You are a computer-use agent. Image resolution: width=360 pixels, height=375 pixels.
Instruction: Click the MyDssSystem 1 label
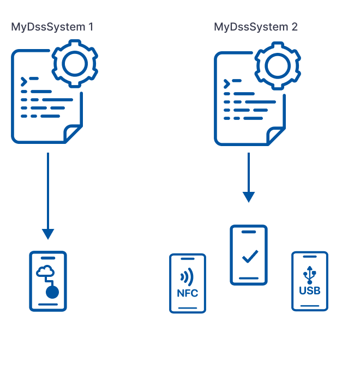[x=52, y=27]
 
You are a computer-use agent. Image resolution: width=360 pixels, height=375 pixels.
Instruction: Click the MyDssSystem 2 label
[x=256, y=27]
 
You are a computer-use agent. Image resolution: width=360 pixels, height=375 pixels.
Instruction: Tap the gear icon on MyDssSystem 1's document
[x=75, y=64]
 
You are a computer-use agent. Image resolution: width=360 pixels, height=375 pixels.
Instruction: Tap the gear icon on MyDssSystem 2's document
[x=278, y=66]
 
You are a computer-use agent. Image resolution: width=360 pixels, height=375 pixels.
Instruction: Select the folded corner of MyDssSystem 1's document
[x=73, y=133]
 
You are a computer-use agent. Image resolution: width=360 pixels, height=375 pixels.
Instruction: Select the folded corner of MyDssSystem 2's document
[x=276, y=136]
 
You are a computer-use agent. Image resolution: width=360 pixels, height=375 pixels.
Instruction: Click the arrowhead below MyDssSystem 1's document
[x=48, y=233]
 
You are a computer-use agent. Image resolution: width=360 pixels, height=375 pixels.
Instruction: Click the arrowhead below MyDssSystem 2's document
[x=249, y=196]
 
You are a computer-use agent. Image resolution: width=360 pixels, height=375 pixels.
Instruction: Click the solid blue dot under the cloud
[x=52, y=293]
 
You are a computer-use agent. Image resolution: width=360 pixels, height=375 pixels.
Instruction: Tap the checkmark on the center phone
[x=249, y=256]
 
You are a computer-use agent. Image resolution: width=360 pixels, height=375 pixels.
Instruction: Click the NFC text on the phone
[x=188, y=293]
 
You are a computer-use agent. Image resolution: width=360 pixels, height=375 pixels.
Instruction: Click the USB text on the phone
[x=310, y=291]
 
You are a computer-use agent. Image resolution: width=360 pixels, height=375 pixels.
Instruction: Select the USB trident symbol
[x=310, y=274]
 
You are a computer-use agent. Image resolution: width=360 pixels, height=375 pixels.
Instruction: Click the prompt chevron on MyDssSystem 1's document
[x=23, y=82]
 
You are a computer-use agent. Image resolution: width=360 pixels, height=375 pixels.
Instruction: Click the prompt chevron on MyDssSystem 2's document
[x=226, y=84]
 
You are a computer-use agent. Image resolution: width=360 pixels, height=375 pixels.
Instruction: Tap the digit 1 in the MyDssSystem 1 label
[x=91, y=27]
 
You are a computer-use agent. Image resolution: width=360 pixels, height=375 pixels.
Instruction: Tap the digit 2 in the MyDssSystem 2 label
[x=295, y=27]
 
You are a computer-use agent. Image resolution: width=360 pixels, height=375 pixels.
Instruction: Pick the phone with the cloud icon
[x=48, y=281]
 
